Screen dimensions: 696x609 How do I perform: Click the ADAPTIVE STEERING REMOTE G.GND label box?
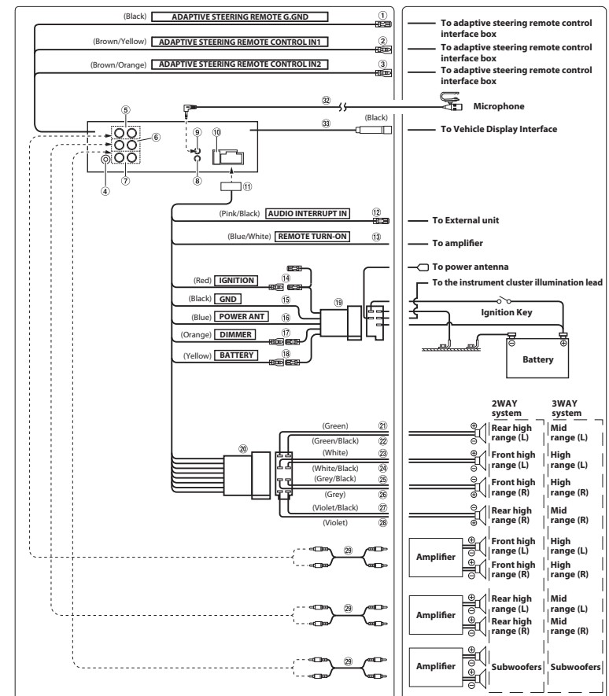240,16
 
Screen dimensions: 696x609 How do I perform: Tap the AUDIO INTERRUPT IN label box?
307,212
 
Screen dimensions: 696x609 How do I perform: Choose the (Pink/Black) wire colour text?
243,212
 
